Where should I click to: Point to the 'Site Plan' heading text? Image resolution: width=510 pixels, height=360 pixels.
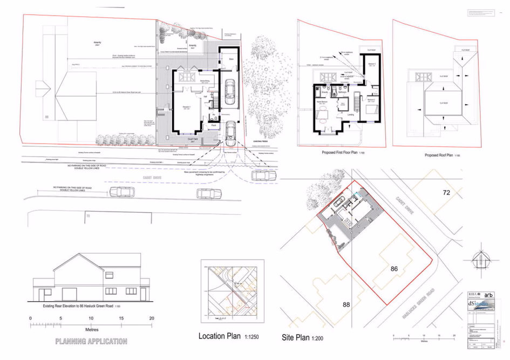pos(295,338)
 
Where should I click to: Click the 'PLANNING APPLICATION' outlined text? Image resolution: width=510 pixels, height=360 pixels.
pos(91,341)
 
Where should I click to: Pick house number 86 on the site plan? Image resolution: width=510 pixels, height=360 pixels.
pos(394,268)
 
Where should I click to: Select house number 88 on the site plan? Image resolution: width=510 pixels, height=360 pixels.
pos(346,304)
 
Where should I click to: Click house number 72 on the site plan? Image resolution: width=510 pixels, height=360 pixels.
pos(446,193)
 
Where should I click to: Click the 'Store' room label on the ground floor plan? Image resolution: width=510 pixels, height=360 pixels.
pos(231,59)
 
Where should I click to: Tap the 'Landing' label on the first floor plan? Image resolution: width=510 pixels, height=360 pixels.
pos(350,114)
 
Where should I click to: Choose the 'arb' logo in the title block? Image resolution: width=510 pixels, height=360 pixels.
pos(488,295)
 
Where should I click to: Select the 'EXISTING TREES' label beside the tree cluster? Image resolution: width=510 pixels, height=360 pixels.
pos(260,142)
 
